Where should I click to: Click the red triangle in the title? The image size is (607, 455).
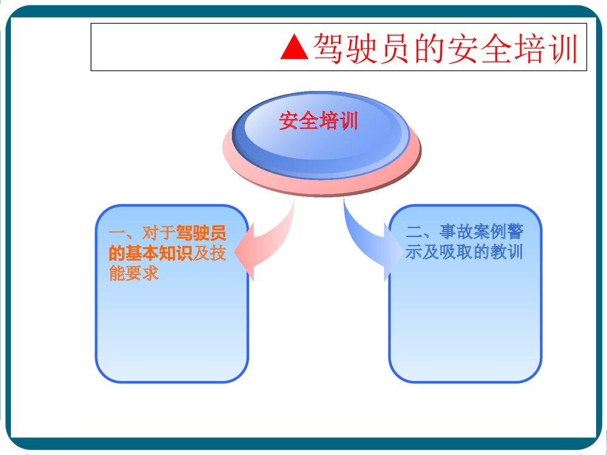pos(295,47)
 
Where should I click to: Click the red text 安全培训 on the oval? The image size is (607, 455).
pos(319,121)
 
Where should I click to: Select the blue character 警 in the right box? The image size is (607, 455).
pos(515,232)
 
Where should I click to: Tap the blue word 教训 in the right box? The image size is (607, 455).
pos(507,252)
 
